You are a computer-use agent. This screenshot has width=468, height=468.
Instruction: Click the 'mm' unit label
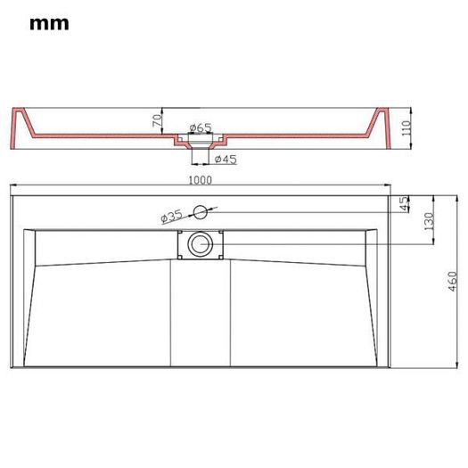coord(49,24)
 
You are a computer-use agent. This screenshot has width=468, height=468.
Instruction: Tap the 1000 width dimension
coord(201,180)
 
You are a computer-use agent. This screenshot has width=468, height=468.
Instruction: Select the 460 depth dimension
coord(453,282)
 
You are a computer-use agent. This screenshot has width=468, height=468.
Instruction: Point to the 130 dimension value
coord(429,221)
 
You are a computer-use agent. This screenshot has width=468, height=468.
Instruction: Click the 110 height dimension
coord(406,128)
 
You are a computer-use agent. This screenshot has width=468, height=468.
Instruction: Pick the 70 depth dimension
coord(157,120)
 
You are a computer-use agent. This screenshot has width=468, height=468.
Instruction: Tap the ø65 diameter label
coord(201,127)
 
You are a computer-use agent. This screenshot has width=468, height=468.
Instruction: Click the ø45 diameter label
coord(226,160)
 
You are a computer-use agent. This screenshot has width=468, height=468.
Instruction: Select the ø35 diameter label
coord(171,217)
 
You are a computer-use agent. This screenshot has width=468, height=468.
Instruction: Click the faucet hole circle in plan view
coord(201,212)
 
